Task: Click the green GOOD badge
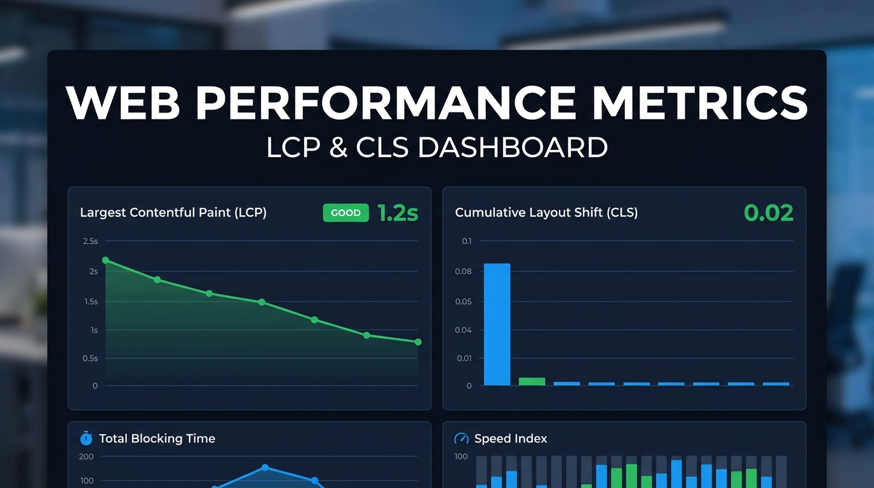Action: coord(346,213)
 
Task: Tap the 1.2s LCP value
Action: coord(398,213)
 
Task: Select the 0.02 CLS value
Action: coord(769,213)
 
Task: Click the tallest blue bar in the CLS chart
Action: coord(497,324)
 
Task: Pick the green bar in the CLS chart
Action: coord(532,381)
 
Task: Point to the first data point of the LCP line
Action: coord(105,260)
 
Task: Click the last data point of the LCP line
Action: coord(418,342)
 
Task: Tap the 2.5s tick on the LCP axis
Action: coord(90,241)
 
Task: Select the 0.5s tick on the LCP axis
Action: coord(91,358)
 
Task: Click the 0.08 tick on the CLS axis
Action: coord(463,271)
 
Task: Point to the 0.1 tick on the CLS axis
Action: coord(467,241)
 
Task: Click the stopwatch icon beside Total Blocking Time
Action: coord(86,438)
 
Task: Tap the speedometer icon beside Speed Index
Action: coord(462,438)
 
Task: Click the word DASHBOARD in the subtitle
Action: coord(513,147)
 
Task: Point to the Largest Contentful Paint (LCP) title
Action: coord(173,213)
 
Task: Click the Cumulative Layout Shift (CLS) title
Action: coord(546,213)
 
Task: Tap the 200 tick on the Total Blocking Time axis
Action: coord(86,456)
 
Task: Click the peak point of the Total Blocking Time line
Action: coord(265,468)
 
